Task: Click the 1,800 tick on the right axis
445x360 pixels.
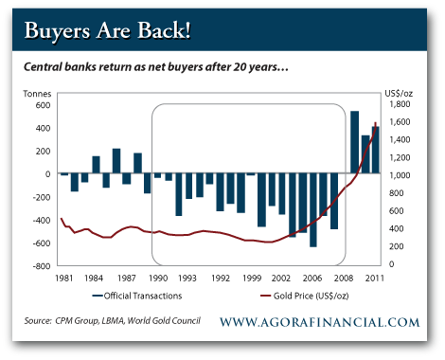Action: [397, 104]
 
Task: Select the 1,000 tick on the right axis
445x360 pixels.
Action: [397, 175]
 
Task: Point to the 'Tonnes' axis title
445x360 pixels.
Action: [39, 92]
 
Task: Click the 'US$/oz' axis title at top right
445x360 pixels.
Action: [398, 92]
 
